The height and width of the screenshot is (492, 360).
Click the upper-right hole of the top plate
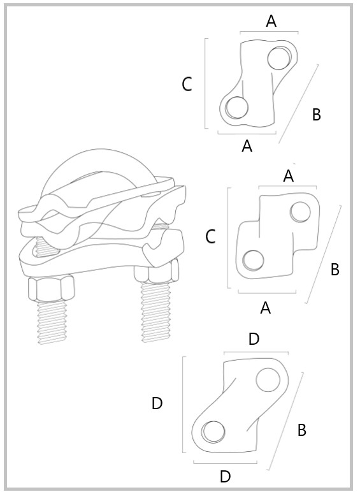(x=279, y=58)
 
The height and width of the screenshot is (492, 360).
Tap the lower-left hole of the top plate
(x=236, y=108)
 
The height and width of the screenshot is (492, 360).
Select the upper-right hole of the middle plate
(x=300, y=212)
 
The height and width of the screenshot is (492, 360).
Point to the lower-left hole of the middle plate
(x=253, y=261)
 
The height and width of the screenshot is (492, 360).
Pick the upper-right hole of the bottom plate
(x=268, y=380)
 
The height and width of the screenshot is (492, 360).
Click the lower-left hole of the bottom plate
(x=213, y=431)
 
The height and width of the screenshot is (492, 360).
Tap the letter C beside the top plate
(x=187, y=84)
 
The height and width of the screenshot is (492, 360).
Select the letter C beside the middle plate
(x=210, y=236)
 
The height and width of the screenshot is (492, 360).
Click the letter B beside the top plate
(x=317, y=115)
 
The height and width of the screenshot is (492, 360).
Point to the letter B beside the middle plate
(x=335, y=269)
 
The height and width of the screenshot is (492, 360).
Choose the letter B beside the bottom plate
(x=301, y=430)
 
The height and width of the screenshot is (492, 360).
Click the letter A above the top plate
(x=271, y=21)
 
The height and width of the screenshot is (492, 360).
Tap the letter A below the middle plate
(x=265, y=308)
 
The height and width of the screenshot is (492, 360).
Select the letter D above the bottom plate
(x=254, y=339)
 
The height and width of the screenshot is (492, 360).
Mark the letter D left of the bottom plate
(x=157, y=403)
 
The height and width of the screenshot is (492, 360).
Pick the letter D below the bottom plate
(x=225, y=476)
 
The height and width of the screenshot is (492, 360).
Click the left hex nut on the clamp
(x=52, y=288)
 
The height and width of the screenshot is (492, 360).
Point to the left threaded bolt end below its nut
(x=52, y=322)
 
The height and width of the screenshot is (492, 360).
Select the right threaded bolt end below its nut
(x=155, y=312)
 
